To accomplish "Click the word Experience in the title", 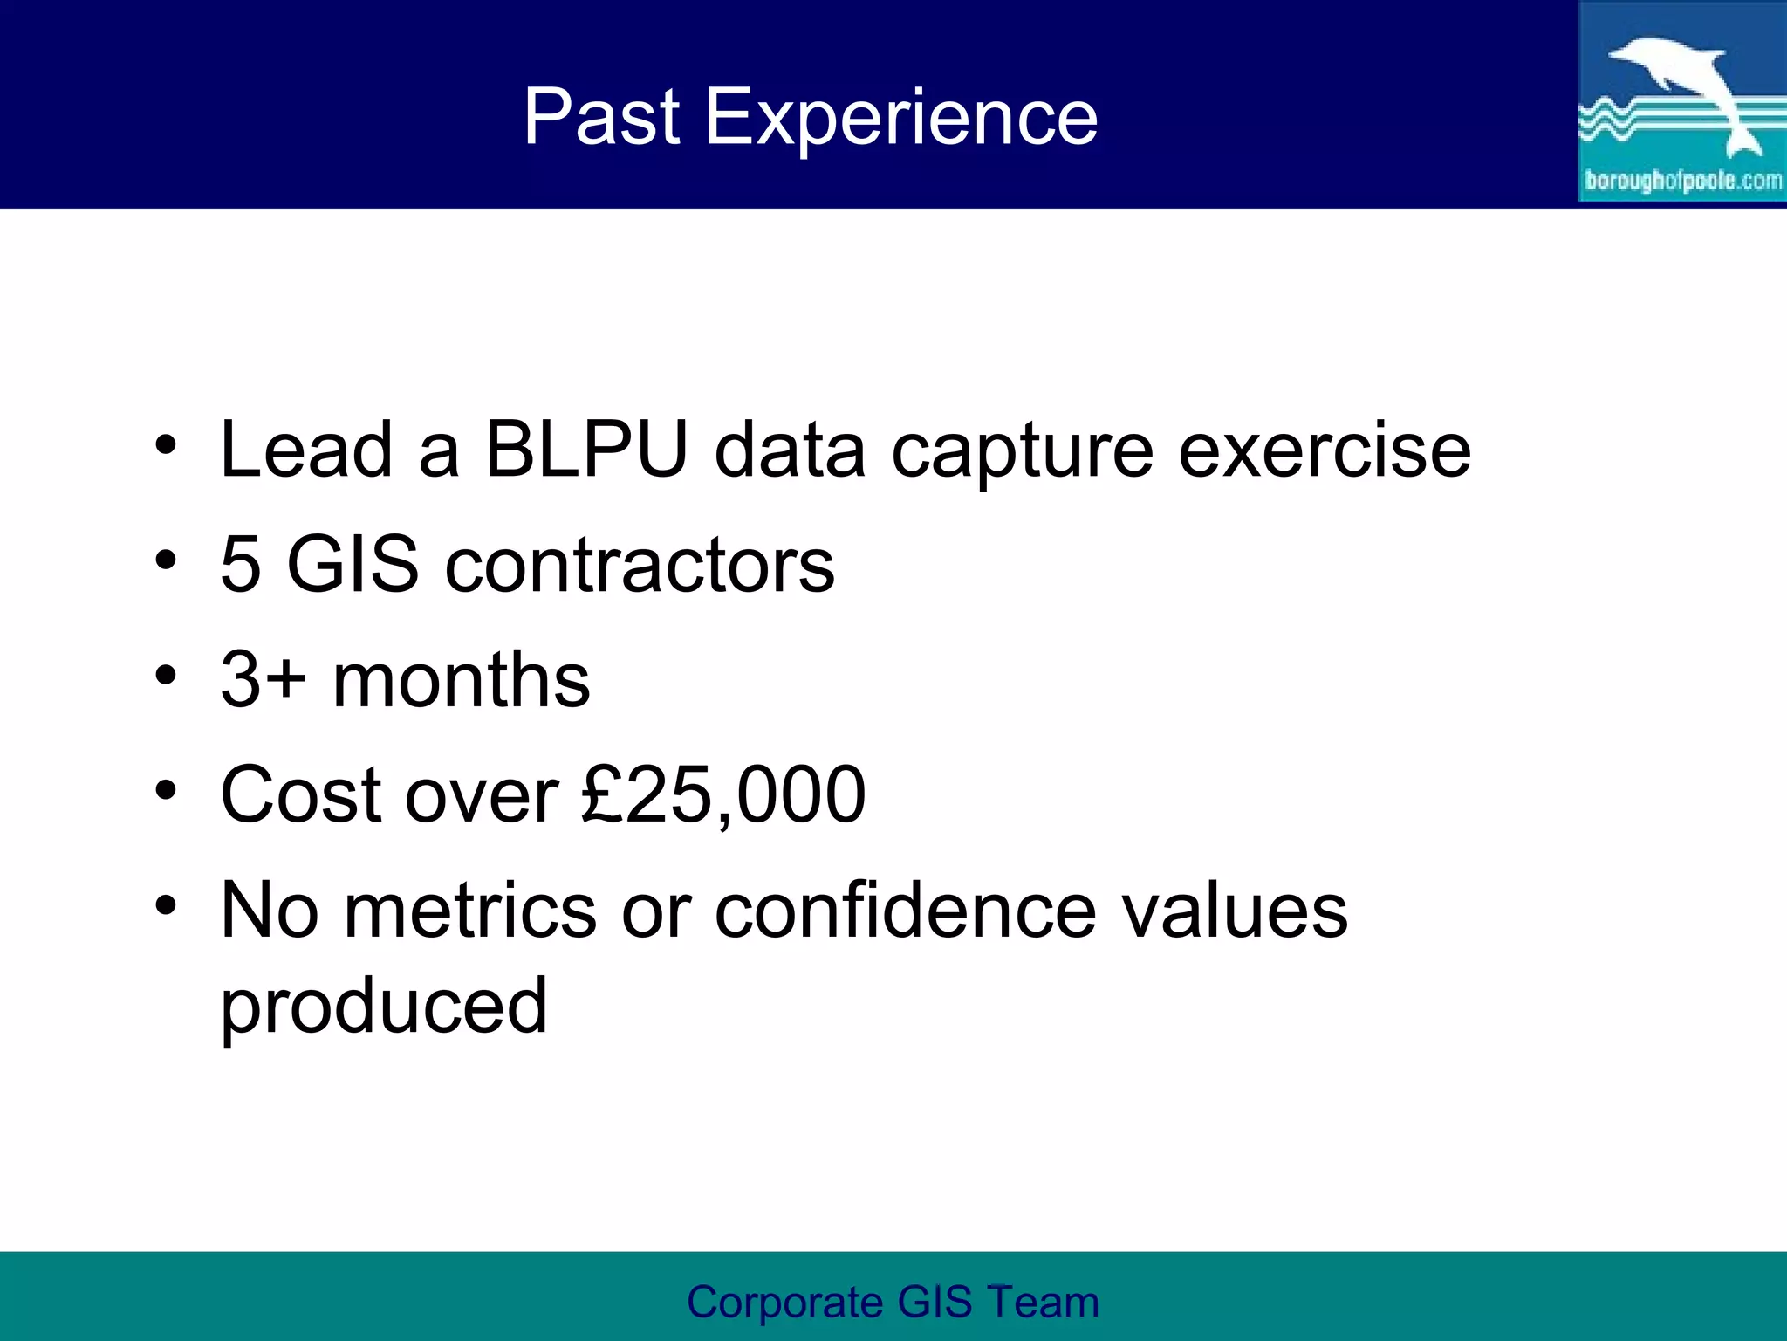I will coord(900,118).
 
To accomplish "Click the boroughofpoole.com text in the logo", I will coord(1682,181).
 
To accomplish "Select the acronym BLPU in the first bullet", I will coord(586,450).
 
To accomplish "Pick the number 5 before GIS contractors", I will coord(241,565).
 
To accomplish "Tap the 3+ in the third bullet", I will coord(263,680).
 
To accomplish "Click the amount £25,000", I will coord(723,795).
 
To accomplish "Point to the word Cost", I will coord(300,795).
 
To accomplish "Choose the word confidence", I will coord(905,911).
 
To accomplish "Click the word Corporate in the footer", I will coord(784,1302).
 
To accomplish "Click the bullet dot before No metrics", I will coord(166,904).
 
